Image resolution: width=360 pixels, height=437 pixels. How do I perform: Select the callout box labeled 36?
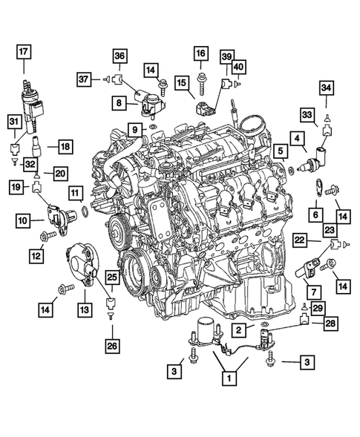click(x=120, y=55)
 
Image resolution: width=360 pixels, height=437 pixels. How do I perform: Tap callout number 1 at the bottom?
click(x=229, y=378)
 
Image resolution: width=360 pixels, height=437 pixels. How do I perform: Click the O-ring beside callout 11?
click(x=86, y=215)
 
